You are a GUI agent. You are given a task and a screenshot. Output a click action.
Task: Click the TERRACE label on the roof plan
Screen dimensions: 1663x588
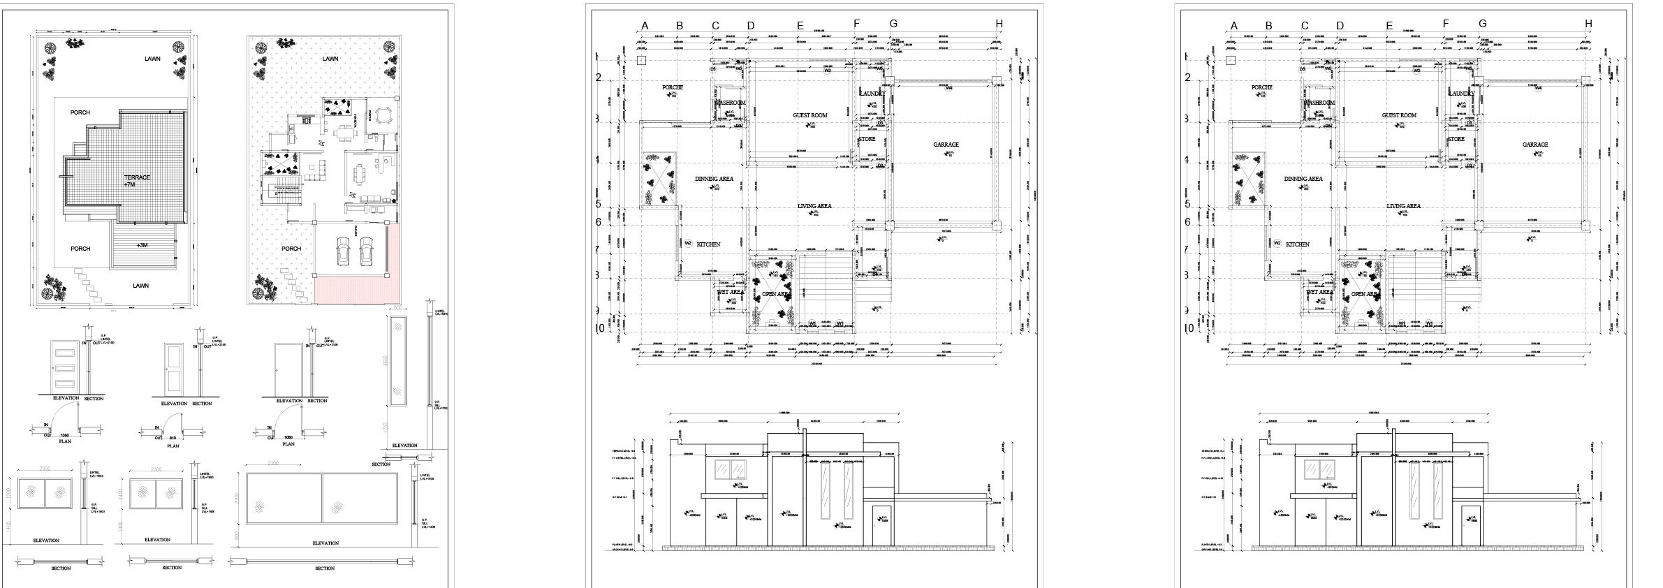pos(137,177)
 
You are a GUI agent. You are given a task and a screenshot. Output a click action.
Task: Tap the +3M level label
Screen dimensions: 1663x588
pos(142,245)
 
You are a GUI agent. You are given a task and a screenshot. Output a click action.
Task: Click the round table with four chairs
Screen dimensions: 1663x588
pos(383,115)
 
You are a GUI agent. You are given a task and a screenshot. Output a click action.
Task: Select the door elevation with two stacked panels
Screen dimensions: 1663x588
pos(173,369)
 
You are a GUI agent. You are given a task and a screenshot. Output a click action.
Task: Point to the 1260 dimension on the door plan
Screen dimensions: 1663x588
pos(64,435)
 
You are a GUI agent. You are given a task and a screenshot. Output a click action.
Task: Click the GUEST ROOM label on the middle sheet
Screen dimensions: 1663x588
pos(810,115)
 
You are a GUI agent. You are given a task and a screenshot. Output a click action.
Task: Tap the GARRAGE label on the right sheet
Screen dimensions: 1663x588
pos(1535,145)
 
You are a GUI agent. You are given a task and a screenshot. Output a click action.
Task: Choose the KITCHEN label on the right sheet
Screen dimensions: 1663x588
pos(1298,244)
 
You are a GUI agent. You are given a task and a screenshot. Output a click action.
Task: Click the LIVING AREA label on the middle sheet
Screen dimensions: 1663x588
pos(814,206)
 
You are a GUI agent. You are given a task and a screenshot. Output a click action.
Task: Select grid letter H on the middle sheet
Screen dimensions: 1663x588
pos(999,24)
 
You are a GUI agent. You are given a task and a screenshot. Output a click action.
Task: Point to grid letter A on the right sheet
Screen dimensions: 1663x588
pos(1234,27)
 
